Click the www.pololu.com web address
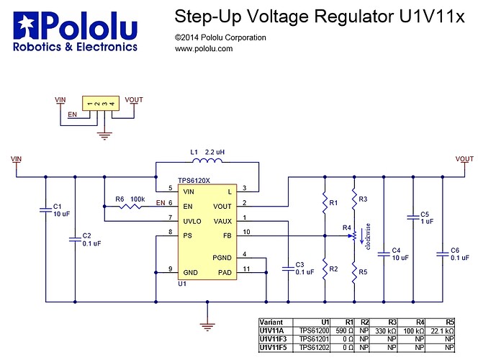pyautogui.click(x=204, y=49)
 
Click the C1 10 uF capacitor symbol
pyautogui.click(x=47, y=210)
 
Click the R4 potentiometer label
pyautogui.click(x=346, y=228)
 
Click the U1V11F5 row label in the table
pyautogui.click(x=274, y=347)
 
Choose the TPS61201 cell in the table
pyautogui.click(x=314, y=338)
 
